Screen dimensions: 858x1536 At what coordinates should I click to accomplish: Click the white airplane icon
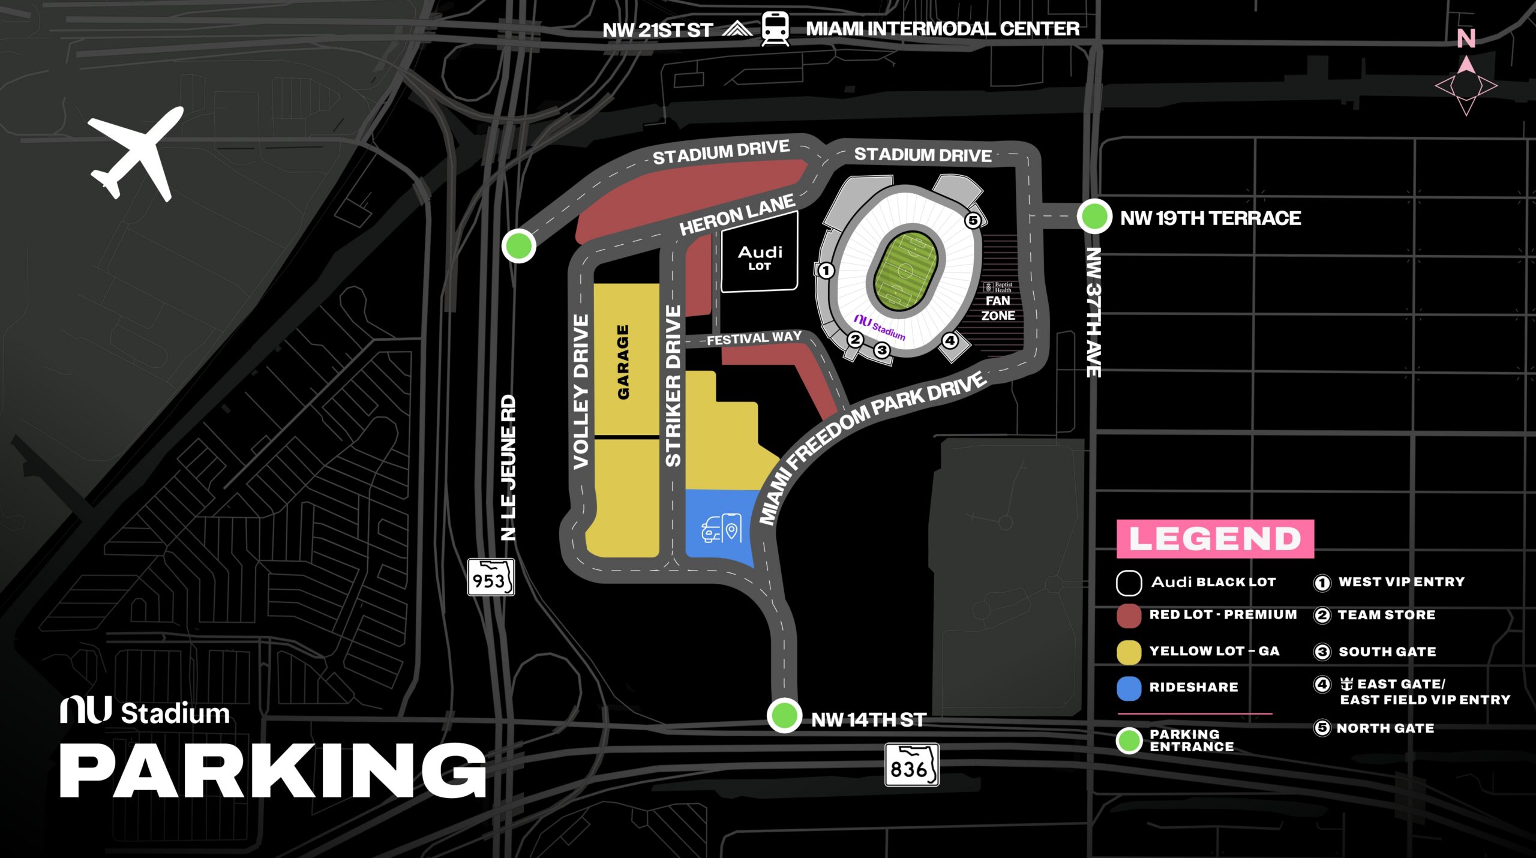coord(136,154)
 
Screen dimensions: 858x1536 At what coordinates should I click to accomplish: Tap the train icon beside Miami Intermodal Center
coord(775,29)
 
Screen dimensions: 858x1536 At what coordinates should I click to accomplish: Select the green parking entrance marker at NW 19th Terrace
coord(1094,217)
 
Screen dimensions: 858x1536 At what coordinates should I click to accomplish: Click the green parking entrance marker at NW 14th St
coord(784,715)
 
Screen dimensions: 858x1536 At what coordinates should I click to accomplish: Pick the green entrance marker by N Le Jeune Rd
coord(518,245)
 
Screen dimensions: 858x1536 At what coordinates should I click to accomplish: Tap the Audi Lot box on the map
coord(760,257)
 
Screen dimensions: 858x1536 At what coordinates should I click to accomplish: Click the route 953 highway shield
coord(491,577)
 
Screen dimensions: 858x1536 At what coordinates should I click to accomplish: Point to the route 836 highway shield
coord(911,765)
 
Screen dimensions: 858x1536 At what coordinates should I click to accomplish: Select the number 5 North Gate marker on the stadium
coord(973,220)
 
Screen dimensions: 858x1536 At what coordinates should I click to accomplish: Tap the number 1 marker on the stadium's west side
coord(826,271)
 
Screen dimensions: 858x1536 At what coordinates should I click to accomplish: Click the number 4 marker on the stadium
coord(950,341)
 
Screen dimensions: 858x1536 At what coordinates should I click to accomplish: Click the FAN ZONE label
coord(998,308)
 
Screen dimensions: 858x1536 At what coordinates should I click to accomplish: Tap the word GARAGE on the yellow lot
coord(623,362)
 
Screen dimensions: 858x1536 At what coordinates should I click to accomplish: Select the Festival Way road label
coord(754,338)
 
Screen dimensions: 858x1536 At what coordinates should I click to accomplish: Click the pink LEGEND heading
coord(1215,539)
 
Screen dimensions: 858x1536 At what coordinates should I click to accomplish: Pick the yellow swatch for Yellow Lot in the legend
coord(1129,652)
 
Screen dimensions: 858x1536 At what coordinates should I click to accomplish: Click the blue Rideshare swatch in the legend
coord(1129,688)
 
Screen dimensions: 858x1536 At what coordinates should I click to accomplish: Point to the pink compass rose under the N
coord(1466,86)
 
